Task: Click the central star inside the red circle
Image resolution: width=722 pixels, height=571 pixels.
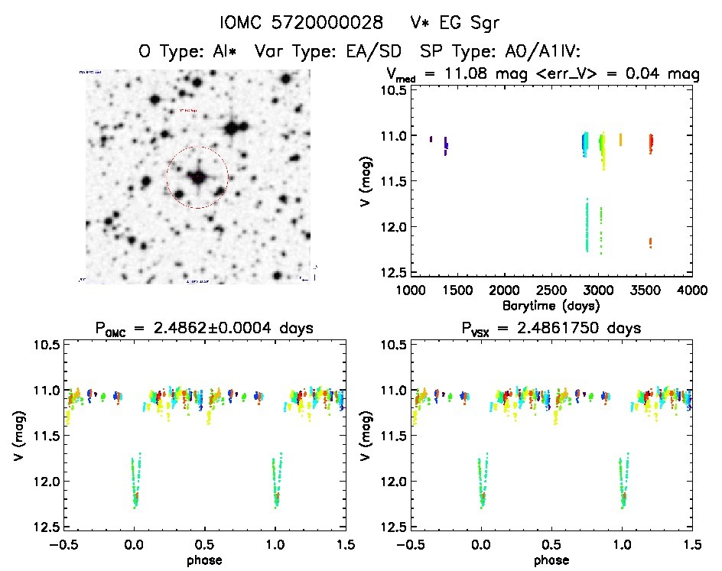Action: pyautogui.click(x=198, y=177)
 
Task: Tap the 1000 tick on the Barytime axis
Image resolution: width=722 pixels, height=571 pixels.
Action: pyautogui.click(x=410, y=290)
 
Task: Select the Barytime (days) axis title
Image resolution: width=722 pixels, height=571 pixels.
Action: pyautogui.click(x=551, y=305)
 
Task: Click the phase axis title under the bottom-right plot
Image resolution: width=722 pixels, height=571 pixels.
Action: pyautogui.click(x=551, y=560)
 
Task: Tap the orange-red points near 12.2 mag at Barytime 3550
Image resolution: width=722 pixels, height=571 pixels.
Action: pyautogui.click(x=650, y=242)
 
